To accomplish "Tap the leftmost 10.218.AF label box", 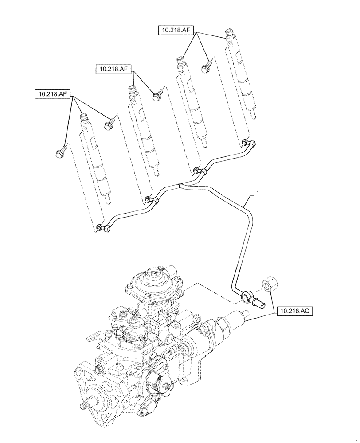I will (54, 94).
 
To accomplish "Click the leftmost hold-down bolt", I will (59, 153).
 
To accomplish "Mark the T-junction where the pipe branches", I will (178, 185).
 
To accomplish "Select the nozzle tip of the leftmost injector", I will (108, 202).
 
